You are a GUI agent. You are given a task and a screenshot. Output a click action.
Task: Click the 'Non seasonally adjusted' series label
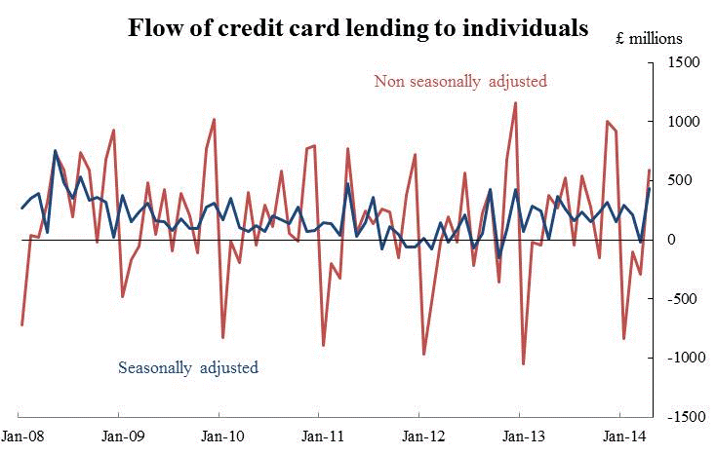pos(460,81)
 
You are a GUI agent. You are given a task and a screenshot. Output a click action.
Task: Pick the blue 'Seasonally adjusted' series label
pos(188,367)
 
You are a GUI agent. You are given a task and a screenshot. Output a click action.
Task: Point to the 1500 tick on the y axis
pos(683,62)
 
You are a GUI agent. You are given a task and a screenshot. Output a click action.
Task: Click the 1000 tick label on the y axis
pos(683,122)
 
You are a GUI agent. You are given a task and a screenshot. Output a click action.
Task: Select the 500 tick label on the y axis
pos(686,180)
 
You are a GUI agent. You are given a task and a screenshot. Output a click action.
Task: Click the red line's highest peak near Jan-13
pos(515,102)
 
